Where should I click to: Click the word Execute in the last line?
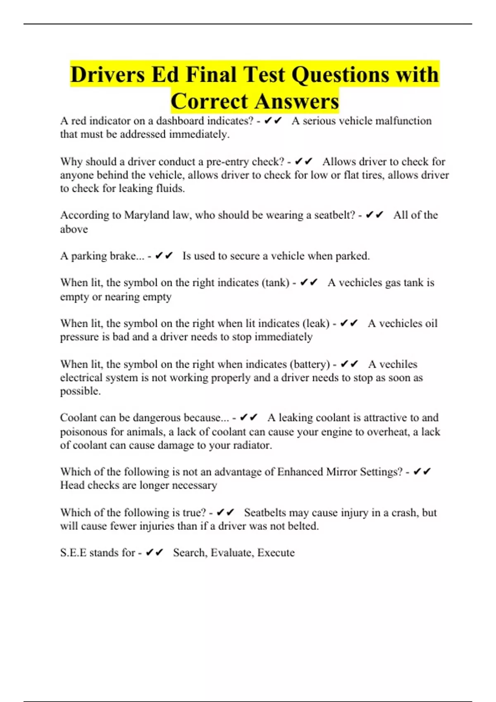point(276,553)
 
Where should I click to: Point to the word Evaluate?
point(231,553)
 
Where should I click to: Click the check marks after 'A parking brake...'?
point(164,256)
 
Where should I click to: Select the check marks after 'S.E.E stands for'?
point(155,553)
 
